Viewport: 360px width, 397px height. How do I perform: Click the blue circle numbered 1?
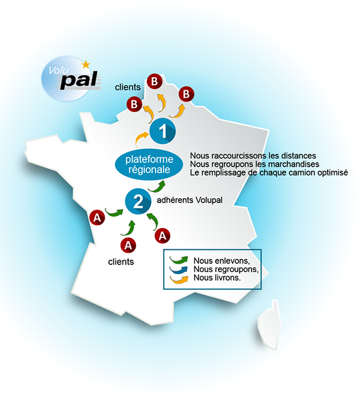pos(163,131)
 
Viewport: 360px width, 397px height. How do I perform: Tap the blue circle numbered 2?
pos(138,202)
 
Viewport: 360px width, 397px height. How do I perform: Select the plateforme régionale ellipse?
pos(149,165)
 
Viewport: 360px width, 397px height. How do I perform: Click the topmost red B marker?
pos(154,81)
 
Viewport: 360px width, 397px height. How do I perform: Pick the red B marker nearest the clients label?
pos(134,104)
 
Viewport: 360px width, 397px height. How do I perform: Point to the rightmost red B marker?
pos(186,94)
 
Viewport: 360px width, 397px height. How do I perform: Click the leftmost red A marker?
pos(97,218)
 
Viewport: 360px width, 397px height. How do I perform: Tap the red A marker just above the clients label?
pos(128,246)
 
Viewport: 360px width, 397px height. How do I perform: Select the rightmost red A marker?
pos(163,235)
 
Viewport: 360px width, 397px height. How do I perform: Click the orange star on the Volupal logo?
pos(86,64)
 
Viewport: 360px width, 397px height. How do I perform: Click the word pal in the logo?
pos(79,80)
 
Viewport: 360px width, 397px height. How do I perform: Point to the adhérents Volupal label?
pos(190,200)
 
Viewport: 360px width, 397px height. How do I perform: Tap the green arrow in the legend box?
pos(179,260)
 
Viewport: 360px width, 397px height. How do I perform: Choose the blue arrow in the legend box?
pos(179,270)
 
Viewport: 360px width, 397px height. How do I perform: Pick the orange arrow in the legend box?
pos(179,280)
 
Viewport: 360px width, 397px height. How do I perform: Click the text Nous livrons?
pos(217,278)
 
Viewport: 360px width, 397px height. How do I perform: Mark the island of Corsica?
pos(269,325)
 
